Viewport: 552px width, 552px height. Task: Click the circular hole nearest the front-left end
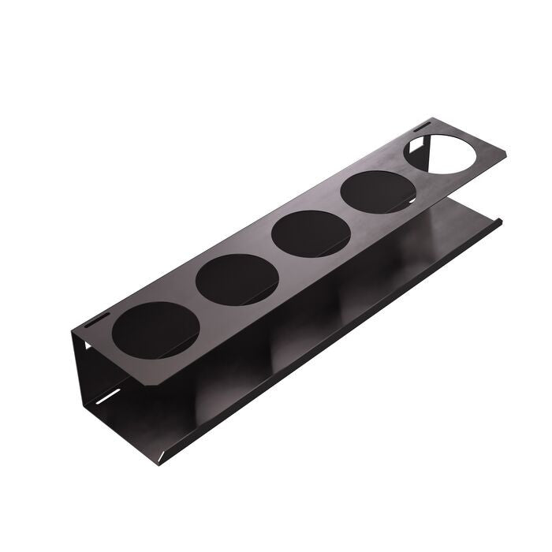point(155,329)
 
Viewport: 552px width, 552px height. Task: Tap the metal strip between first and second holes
point(194,306)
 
